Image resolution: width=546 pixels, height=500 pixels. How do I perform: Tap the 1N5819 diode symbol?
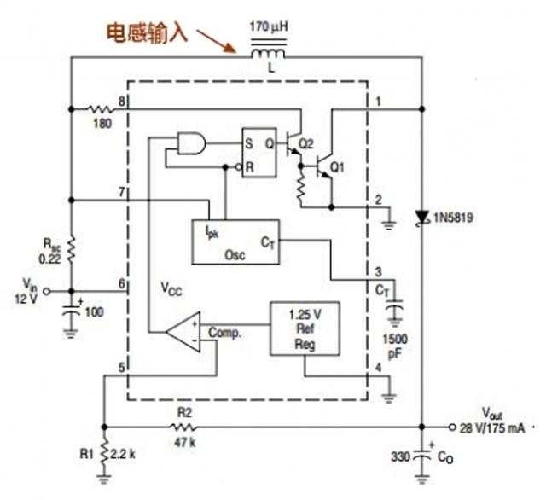click(x=422, y=218)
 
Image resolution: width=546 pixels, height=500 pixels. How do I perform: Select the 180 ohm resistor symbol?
click(x=101, y=109)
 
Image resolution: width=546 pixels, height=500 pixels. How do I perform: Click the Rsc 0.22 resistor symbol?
click(x=71, y=249)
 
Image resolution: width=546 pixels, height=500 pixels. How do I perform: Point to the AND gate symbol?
click(x=191, y=143)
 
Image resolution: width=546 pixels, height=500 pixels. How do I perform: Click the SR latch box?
click(x=259, y=152)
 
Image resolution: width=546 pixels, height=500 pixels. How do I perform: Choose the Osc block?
click(x=235, y=242)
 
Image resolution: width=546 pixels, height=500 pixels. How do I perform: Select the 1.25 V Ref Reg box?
click(x=305, y=328)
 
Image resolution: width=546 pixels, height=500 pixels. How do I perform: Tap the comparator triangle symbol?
click(x=183, y=331)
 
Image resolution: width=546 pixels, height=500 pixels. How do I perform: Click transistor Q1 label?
click(x=337, y=167)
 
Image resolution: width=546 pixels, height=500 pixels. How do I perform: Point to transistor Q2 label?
click(x=306, y=143)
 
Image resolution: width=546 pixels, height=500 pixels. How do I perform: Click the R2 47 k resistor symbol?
click(x=183, y=427)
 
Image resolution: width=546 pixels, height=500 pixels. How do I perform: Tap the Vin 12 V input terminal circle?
click(x=45, y=291)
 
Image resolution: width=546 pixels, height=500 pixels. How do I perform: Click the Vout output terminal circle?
click(x=452, y=427)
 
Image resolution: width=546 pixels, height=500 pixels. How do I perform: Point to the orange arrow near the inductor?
click(x=216, y=41)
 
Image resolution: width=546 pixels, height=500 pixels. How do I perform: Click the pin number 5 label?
click(x=121, y=368)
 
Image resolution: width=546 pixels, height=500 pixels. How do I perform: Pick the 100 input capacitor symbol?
click(x=71, y=311)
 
